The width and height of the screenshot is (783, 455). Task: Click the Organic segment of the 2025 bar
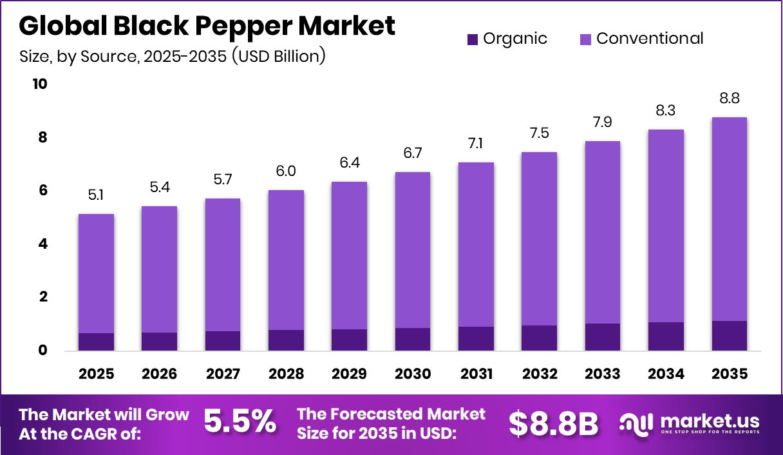96,342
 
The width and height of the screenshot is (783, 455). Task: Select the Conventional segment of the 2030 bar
412,250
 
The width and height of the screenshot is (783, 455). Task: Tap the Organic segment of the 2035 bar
729,336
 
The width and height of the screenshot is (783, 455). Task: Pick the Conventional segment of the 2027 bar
222,265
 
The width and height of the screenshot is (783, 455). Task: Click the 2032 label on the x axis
539,374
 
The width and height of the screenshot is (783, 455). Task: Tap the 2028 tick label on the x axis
286,374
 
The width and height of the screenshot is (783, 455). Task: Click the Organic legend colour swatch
473,39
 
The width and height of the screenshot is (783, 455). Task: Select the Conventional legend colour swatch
585,39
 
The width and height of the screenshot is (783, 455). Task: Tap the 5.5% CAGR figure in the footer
240,422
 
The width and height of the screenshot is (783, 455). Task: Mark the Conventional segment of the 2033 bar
602,232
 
